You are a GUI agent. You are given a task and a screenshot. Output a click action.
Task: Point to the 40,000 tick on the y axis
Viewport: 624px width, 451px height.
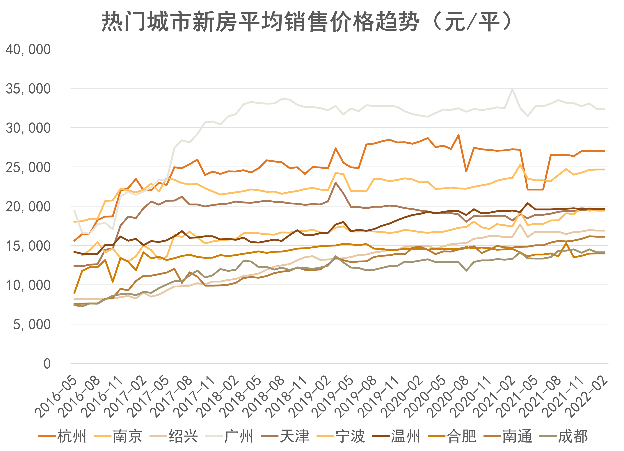click(28, 49)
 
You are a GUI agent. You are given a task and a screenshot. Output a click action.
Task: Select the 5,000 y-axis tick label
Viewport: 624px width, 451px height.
click(32, 325)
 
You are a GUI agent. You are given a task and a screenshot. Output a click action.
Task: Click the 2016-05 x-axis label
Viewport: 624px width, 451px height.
click(56, 398)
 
